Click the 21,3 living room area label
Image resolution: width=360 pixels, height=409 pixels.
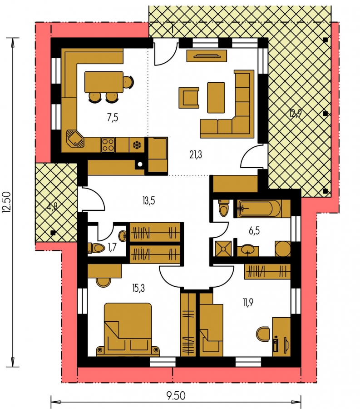click(x=196, y=155)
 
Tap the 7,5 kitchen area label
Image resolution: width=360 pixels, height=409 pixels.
click(x=113, y=118)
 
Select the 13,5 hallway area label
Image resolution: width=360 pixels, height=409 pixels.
click(x=149, y=201)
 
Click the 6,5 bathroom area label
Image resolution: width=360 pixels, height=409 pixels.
click(x=254, y=231)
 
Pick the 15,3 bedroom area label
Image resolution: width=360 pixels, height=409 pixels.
click(x=138, y=288)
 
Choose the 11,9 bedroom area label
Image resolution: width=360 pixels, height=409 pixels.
click(x=248, y=303)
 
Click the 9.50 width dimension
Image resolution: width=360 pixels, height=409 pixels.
click(x=176, y=396)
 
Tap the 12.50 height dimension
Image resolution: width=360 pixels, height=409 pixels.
click(x=6, y=202)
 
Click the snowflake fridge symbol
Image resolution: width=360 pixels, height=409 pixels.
click(x=136, y=145)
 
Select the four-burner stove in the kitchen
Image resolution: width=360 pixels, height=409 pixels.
click(x=108, y=145)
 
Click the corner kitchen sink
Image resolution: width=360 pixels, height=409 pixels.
click(x=75, y=138)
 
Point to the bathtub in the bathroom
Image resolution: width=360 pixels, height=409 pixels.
click(x=259, y=209)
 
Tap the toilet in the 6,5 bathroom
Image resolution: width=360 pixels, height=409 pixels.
click(x=223, y=208)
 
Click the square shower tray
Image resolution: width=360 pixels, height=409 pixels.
click(x=223, y=249)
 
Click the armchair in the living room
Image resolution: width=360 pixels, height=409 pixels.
click(x=189, y=98)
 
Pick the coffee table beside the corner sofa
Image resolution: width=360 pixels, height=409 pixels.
click(x=216, y=98)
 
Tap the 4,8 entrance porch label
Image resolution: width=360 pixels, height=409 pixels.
click(x=52, y=207)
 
